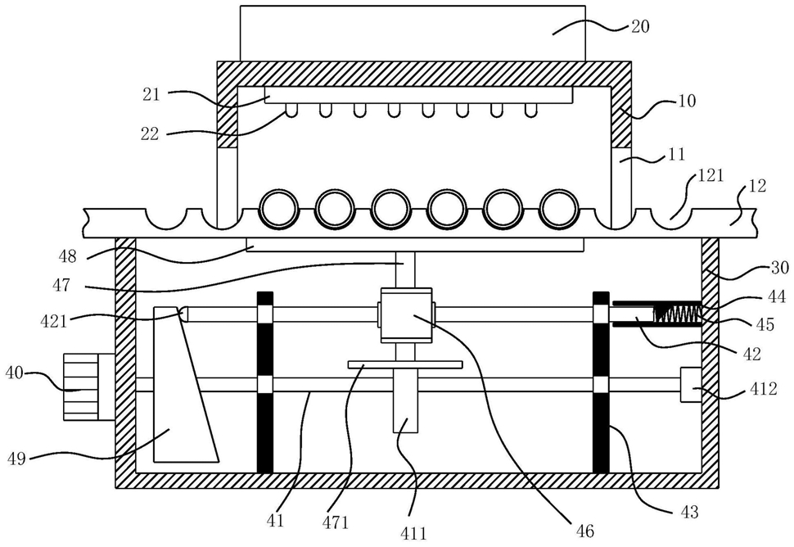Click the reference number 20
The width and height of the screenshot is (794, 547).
pyautogui.click(x=639, y=26)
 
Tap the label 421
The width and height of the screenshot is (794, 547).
pyautogui.click(x=54, y=321)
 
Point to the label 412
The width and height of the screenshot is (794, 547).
pyautogui.click(x=763, y=389)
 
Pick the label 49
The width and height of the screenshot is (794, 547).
pyautogui.click(x=17, y=460)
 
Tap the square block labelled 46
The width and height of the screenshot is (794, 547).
pyautogui.click(x=407, y=314)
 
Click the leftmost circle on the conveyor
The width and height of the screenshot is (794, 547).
pyautogui.click(x=278, y=209)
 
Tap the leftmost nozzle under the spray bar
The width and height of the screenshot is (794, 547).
pyautogui.click(x=291, y=111)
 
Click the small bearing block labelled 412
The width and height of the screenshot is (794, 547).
pyautogui.click(x=691, y=384)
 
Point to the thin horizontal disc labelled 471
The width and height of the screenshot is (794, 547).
pyautogui.click(x=405, y=364)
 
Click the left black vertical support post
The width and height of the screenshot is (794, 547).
pyautogui.click(x=265, y=382)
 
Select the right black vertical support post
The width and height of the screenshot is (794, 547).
pyautogui.click(x=601, y=382)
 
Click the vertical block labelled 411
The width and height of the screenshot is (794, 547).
pyautogui.click(x=406, y=400)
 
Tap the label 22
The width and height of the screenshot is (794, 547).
pyautogui.click(x=150, y=133)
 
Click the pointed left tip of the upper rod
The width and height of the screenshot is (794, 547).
pyautogui.click(x=180, y=314)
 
